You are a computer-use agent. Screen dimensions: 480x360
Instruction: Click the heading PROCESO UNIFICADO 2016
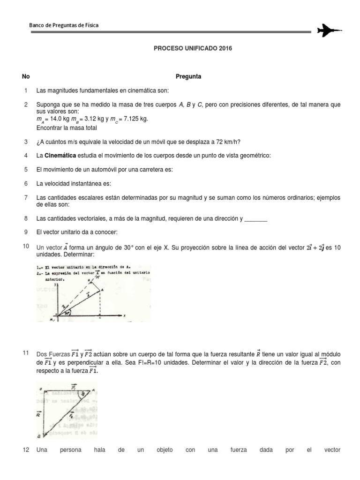193,48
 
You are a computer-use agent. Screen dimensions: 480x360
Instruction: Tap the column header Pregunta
188,77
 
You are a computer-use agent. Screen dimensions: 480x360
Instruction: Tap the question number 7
26,198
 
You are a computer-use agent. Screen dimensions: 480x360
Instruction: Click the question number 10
26,247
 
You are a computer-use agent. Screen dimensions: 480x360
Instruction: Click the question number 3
26,142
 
